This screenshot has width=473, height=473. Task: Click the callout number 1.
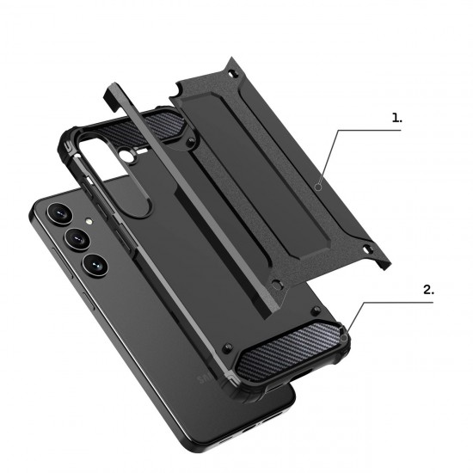396,119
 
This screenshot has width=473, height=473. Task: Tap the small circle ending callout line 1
319,185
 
